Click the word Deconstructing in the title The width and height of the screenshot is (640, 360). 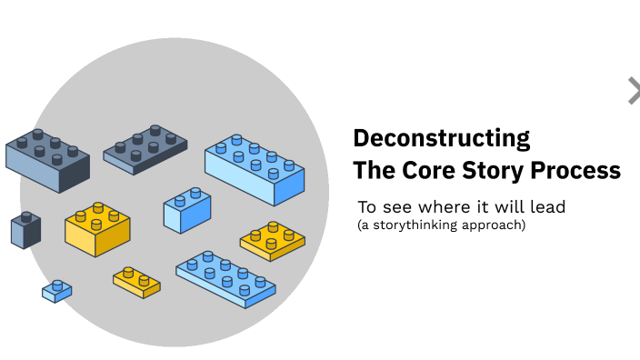tap(441, 138)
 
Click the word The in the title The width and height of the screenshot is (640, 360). tap(371, 170)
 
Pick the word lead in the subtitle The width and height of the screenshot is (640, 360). tap(548, 207)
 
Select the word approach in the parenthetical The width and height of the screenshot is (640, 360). tap(493, 225)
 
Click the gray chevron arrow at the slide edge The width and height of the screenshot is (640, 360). tap(633, 91)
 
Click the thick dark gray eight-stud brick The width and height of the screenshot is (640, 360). tap(48, 159)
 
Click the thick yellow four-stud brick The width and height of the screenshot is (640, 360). tap(97, 227)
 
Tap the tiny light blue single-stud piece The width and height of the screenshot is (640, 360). tap(56, 291)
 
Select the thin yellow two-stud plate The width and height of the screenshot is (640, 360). tap(136, 282)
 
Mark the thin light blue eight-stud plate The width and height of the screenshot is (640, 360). tap(225, 278)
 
